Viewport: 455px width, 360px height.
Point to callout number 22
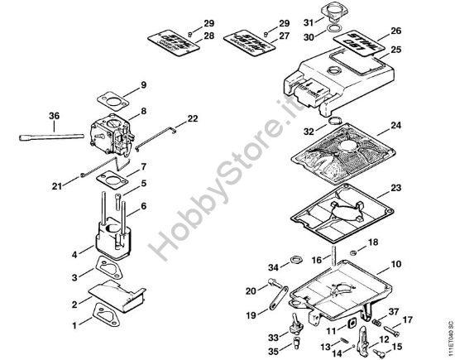tap(193, 118)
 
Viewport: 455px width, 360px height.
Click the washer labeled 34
tap(291, 265)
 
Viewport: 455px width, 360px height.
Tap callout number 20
tap(251, 291)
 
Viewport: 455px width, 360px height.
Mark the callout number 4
tap(76, 253)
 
